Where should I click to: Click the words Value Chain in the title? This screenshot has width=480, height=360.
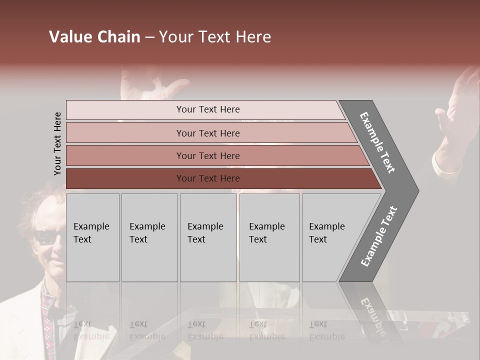point(94,37)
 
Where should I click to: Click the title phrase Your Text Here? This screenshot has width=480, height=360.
point(215,37)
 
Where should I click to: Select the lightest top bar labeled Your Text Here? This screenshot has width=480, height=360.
point(207,109)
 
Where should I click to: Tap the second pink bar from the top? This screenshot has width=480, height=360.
point(207,133)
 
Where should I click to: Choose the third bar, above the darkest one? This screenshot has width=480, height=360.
point(207,155)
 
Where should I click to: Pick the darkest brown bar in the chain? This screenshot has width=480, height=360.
point(207,178)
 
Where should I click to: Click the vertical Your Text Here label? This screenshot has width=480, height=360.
point(57,144)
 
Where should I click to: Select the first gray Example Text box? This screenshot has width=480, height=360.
point(92,237)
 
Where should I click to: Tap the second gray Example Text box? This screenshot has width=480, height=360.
point(149,237)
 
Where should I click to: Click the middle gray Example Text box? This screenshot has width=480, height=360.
point(208,237)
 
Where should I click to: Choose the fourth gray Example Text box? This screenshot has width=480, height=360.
point(269,237)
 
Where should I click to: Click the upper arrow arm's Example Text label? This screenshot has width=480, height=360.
point(377,142)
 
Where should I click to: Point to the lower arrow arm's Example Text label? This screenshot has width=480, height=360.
point(378,236)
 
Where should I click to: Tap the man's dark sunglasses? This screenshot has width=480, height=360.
point(49,237)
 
